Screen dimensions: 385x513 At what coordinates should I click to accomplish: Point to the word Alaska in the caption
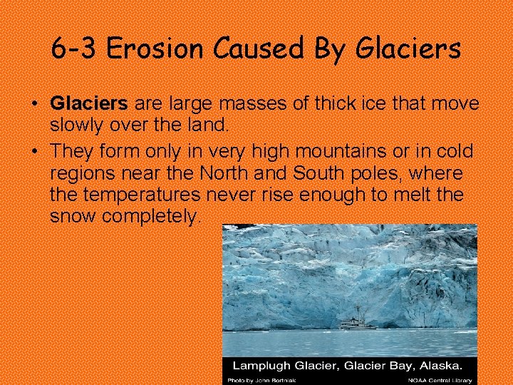(x=435, y=365)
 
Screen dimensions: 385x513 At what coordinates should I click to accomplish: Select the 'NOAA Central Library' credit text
(x=436, y=379)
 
